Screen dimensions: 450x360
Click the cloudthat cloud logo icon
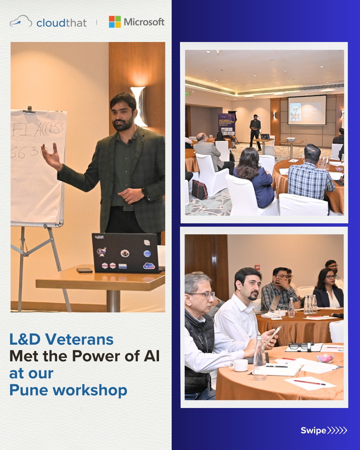point(21,22)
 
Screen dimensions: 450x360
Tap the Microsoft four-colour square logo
point(115,22)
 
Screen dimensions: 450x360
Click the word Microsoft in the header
point(144,22)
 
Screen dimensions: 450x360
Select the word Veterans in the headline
point(79,339)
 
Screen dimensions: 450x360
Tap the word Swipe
point(313,430)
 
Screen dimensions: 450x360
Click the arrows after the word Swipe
point(337,430)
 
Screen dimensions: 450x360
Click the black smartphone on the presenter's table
point(84,270)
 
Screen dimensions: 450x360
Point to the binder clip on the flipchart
point(29,110)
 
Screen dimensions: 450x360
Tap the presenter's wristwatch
point(144,193)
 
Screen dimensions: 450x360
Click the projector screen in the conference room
point(307,110)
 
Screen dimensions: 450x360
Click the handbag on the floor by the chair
point(199,190)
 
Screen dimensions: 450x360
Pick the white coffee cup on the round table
point(239,365)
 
